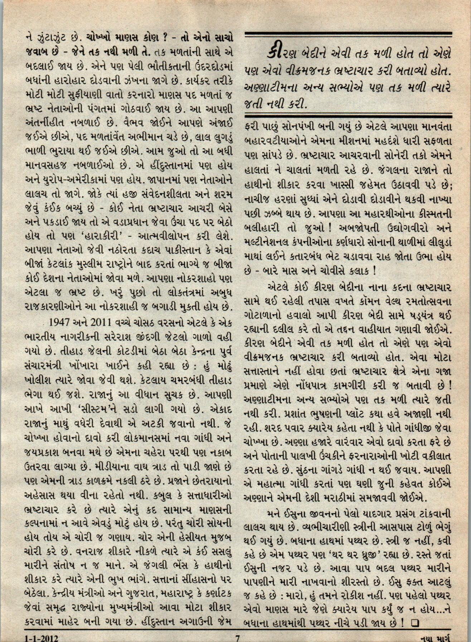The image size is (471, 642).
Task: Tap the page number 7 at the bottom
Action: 237,637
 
